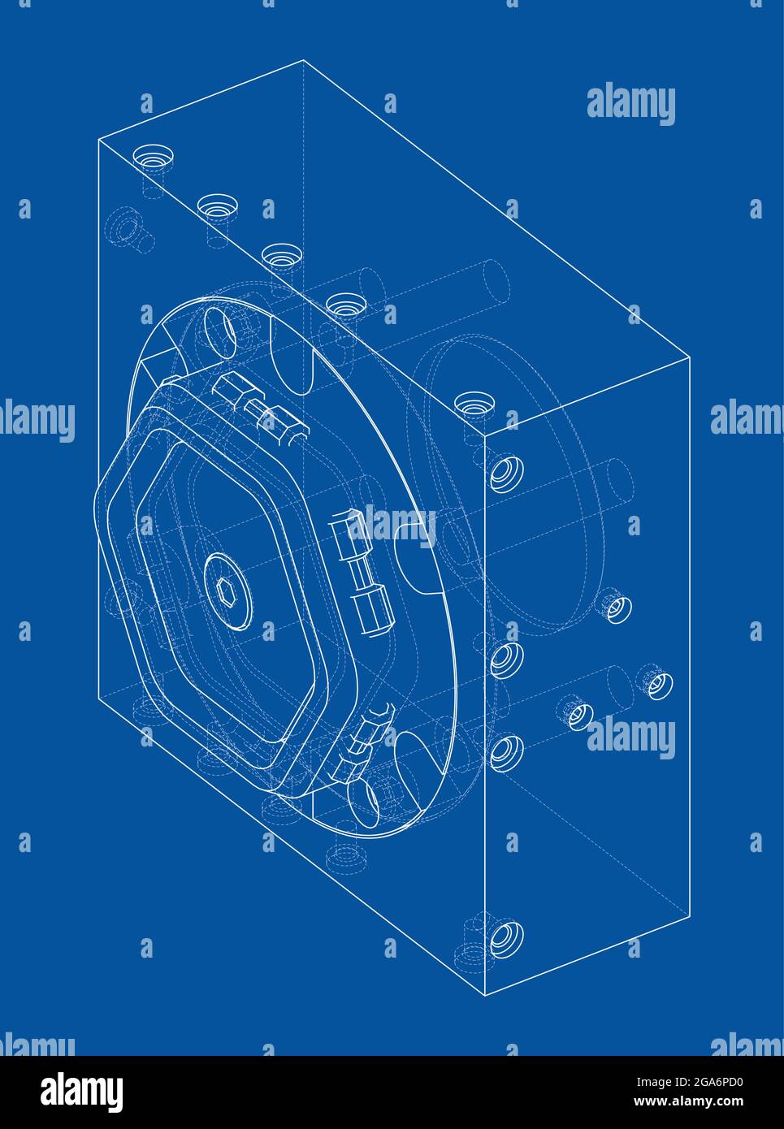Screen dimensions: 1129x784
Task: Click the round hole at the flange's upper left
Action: pos(221,331)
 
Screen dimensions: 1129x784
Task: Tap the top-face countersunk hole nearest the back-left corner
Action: pos(151,156)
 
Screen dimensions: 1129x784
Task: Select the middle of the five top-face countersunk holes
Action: pos(279,255)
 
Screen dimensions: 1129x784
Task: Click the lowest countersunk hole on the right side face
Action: pos(505,937)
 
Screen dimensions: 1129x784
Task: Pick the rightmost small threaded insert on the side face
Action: pos(656,684)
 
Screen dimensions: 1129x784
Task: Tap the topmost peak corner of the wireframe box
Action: pos(303,60)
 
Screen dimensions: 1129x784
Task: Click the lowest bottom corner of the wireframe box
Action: pos(484,996)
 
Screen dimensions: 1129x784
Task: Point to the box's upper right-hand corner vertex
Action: pos(690,356)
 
